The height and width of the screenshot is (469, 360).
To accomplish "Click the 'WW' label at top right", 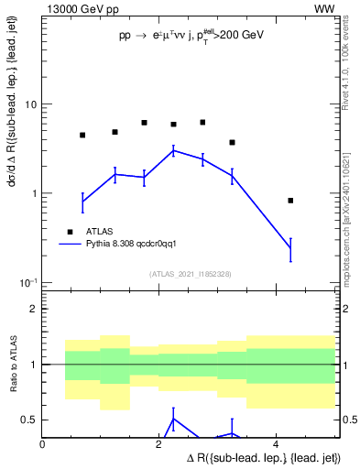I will point(323,8).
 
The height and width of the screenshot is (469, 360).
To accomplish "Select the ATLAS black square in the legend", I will point(69,232).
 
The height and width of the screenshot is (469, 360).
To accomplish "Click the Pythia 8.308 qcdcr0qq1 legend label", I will point(136,245).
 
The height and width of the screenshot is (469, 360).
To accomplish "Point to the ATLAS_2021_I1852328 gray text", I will point(190,274).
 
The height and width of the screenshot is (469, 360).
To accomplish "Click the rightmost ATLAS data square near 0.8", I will point(290,201).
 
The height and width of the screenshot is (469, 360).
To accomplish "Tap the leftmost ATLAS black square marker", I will point(82,135).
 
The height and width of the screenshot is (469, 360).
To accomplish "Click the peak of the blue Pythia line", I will point(173,150).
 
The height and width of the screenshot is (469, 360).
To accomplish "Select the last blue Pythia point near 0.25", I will point(290,248).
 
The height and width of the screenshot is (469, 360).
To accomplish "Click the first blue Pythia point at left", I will point(82,200).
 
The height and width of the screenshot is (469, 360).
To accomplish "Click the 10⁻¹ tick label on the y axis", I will point(27,282).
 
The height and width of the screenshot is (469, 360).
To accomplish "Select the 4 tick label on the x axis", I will point(277,444).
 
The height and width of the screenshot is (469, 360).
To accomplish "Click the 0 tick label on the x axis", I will point(43,444).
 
